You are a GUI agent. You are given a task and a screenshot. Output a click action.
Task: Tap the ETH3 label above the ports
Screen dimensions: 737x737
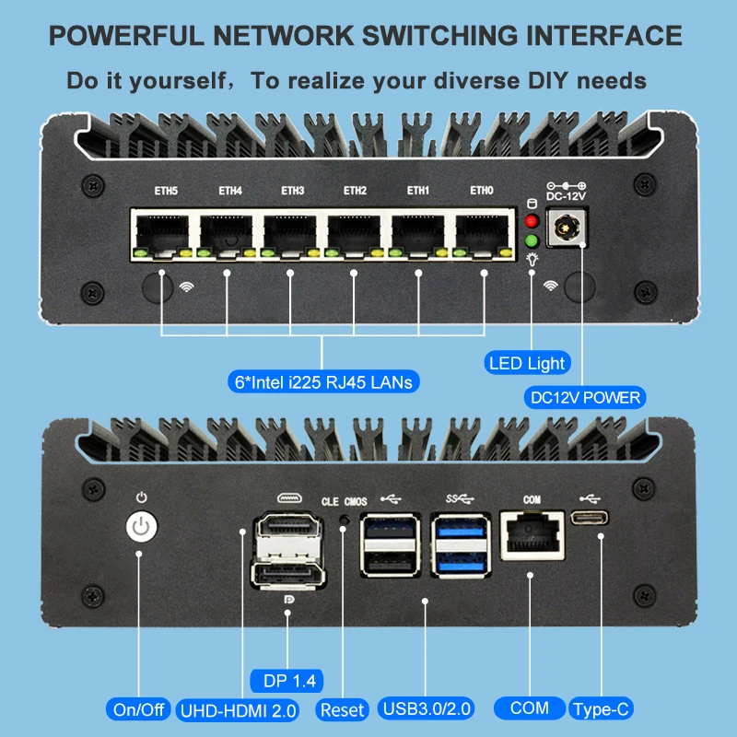[292, 191]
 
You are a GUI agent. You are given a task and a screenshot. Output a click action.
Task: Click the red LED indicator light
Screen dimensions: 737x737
[532, 222]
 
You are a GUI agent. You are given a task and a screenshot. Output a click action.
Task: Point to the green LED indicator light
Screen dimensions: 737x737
[532, 242]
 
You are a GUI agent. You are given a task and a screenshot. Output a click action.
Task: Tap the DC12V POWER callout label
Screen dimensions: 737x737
[584, 398]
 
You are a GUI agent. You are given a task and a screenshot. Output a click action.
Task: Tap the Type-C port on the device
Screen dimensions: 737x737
[590, 518]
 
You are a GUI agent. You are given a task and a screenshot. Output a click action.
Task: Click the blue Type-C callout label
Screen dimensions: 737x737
[602, 708]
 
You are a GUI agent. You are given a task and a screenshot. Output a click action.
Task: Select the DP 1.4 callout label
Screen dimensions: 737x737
[287, 681]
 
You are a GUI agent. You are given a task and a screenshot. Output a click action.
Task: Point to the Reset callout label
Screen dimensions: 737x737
[343, 708]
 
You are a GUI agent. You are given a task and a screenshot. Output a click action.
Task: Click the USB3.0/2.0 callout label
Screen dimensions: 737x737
[426, 708]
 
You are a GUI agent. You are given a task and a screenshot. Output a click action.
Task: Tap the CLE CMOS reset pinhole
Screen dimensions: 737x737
[345, 519]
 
